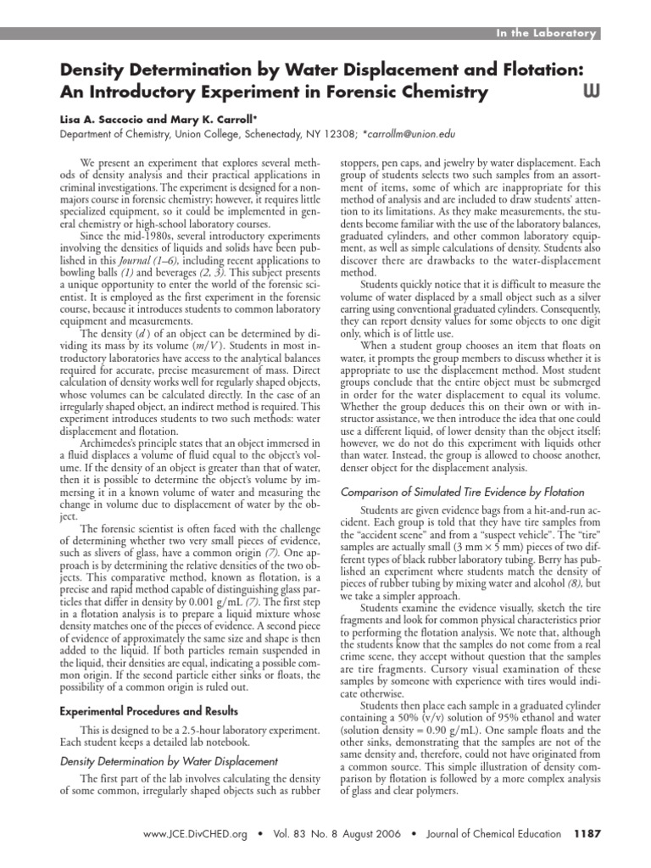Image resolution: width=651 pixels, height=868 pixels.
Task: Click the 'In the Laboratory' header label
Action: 548,33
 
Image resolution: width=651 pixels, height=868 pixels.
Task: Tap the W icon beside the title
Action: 589,91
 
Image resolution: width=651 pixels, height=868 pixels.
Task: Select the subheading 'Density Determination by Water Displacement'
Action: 157,761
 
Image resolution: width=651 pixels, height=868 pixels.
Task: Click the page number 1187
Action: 587,834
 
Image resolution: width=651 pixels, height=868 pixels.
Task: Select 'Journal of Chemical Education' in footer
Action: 493,834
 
